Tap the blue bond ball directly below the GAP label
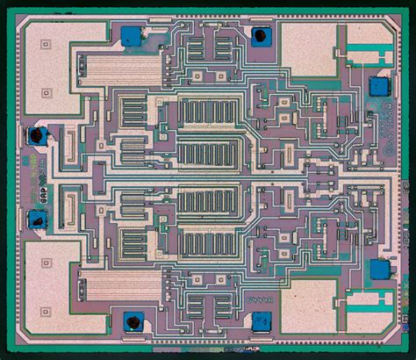[38, 217]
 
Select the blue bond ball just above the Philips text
[379, 87]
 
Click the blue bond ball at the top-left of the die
[131, 35]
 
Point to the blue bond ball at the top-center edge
[261, 36]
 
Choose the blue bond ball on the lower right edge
[379, 269]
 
